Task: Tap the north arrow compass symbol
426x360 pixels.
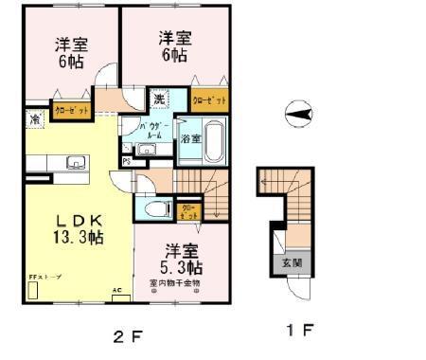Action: coord(297,114)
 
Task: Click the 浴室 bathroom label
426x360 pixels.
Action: coord(190,138)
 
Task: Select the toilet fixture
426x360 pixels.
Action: coord(156,210)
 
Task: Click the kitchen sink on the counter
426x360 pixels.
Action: coord(76,164)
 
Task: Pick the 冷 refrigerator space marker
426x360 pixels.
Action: coord(35,120)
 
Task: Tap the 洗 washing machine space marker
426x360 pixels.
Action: coord(160,99)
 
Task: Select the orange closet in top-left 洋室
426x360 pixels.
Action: coord(70,111)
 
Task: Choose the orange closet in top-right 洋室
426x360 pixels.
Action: coord(209,99)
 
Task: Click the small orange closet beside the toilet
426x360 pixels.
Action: coord(188,211)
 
